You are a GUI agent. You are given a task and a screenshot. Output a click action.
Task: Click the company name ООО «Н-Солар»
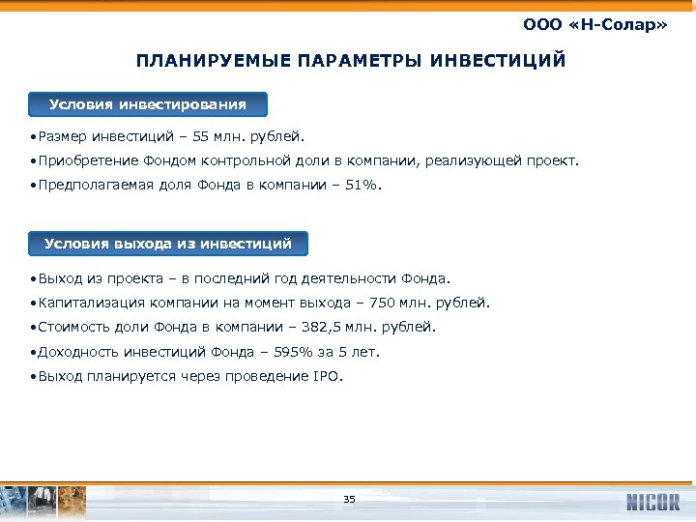point(594,22)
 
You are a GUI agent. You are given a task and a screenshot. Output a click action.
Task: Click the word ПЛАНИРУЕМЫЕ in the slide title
point(198,62)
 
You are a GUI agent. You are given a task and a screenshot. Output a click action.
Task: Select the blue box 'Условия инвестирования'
point(148,104)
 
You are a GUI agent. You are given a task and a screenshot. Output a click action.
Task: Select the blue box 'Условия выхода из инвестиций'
point(168,244)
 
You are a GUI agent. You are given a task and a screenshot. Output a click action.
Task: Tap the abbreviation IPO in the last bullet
point(327,376)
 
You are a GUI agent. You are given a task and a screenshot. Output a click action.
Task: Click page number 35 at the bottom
point(349,500)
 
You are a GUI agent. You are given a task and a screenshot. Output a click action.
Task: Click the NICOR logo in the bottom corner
point(652,502)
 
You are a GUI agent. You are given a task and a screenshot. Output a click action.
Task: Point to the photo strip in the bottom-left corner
point(43,500)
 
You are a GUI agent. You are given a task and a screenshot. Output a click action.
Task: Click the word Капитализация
point(84,303)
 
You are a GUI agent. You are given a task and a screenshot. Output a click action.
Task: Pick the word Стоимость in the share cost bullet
point(71,327)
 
